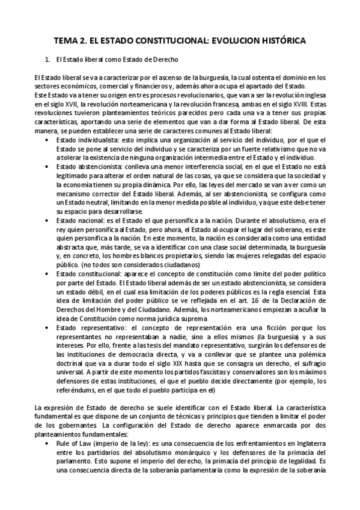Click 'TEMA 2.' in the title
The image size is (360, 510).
click(71, 40)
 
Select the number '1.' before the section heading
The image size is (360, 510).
click(48, 60)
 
